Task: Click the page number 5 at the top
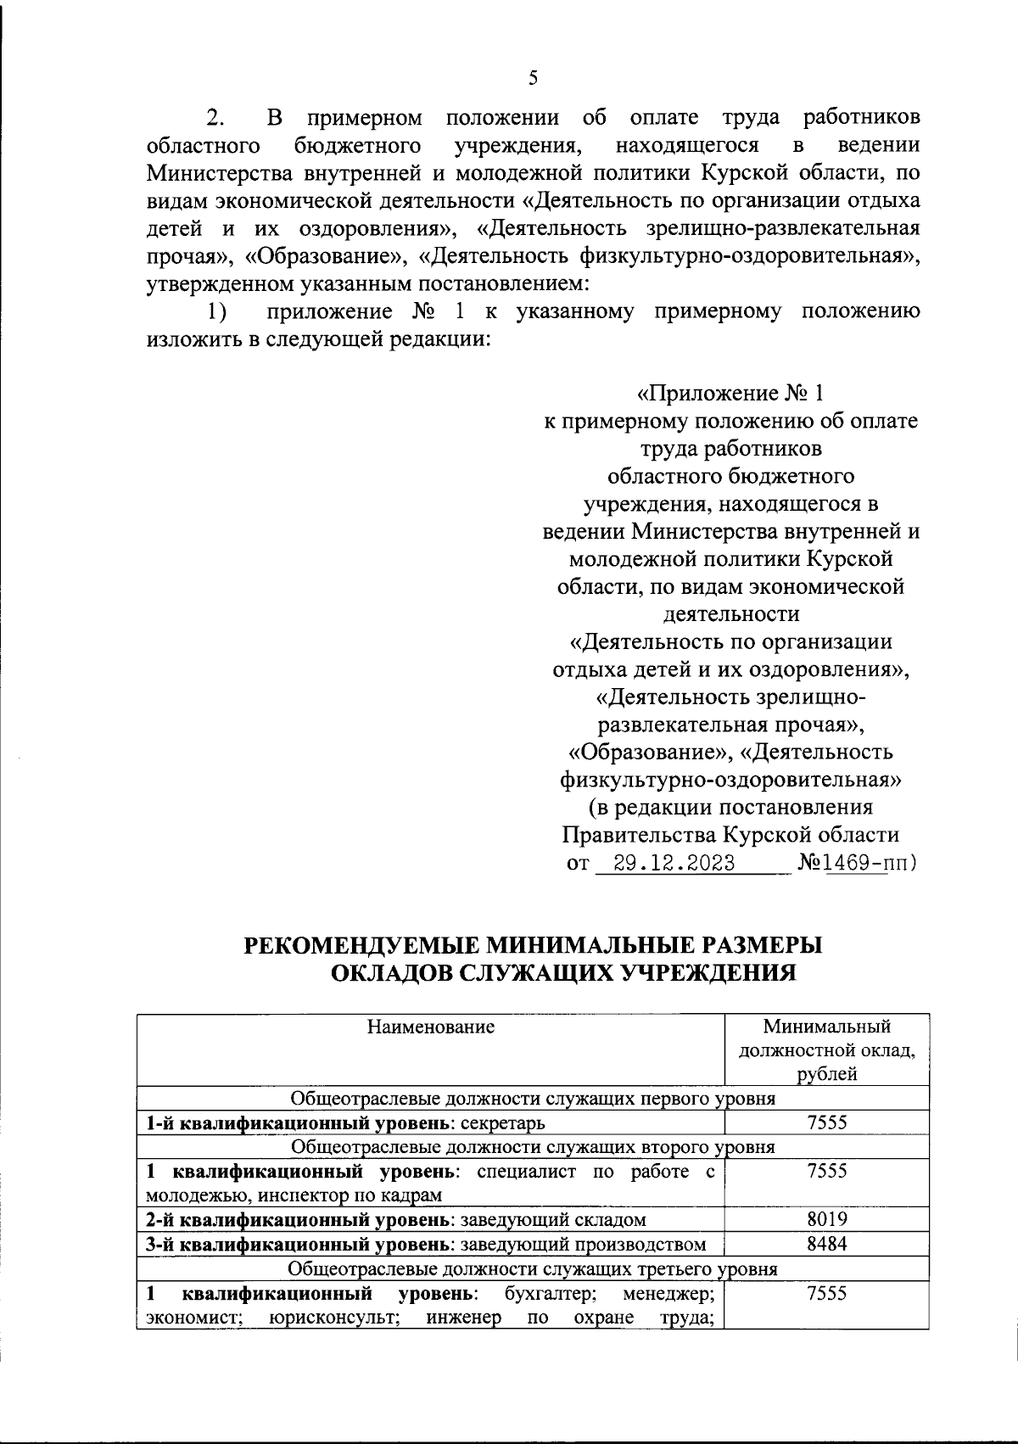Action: tap(533, 78)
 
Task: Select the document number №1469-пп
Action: tap(856, 864)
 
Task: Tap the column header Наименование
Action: tap(431, 1027)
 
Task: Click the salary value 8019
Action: tap(827, 1219)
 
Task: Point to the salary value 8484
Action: tap(827, 1244)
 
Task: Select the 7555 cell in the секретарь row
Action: tap(827, 1122)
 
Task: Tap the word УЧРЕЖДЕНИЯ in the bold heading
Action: tap(708, 972)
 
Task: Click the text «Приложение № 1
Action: tap(730, 394)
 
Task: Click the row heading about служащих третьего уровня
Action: tap(533, 1269)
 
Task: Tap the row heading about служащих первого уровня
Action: tap(533, 1099)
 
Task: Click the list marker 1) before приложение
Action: tap(218, 311)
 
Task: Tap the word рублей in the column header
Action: tap(827, 1074)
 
